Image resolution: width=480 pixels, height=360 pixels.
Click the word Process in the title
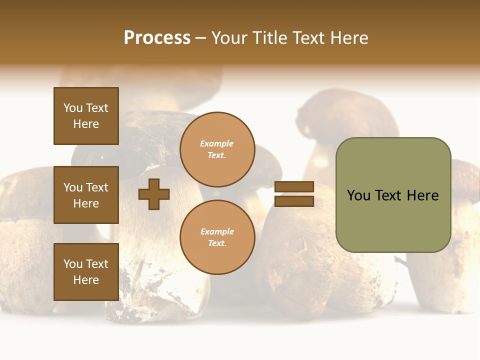coord(157,38)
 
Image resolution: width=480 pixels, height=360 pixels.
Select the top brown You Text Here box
coord(86,116)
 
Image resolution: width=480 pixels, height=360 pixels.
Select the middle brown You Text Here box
coord(86,195)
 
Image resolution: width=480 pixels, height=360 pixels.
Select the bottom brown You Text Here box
coord(86,272)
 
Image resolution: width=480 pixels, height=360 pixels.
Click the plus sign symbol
coord(154,194)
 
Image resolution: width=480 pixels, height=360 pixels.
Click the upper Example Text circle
coord(217,149)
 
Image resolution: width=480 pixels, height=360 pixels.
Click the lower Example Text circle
coord(217,237)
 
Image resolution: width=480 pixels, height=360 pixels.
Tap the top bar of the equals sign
coord(294,186)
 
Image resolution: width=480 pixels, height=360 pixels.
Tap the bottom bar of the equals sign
coord(294,201)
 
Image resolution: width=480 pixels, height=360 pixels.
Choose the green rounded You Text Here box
coord(393,195)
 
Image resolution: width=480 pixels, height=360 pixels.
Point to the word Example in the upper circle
coord(217,143)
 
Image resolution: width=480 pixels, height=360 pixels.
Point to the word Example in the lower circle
coord(217,231)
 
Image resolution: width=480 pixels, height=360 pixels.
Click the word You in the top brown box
coord(73,108)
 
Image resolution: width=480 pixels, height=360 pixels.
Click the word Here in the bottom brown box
coord(86,280)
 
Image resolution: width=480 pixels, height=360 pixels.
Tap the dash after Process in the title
coord(201,38)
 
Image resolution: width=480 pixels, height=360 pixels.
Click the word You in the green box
coord(358,195)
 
